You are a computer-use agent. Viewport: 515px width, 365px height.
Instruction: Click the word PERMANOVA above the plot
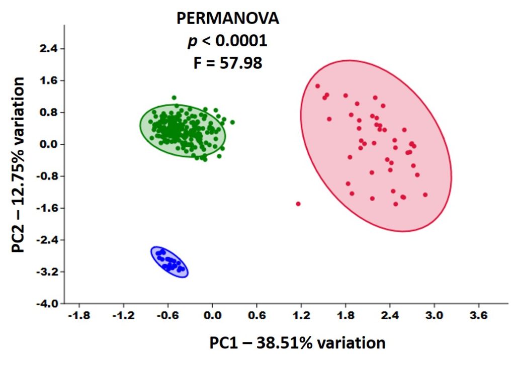point(227,19)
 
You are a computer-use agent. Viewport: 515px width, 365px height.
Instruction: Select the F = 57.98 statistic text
point(227,64)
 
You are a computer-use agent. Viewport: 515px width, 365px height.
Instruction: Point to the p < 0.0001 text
point(227,41)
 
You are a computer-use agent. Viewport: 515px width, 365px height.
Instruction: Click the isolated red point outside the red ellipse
point(298,204)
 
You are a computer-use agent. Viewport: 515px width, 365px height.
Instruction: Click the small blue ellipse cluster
point(169,262)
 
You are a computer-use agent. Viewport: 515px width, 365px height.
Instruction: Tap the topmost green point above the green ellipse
point(174,98)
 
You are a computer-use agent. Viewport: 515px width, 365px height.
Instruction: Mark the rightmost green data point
point(232,122)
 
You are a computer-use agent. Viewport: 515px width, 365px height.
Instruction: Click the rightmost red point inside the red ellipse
point(425,195)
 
